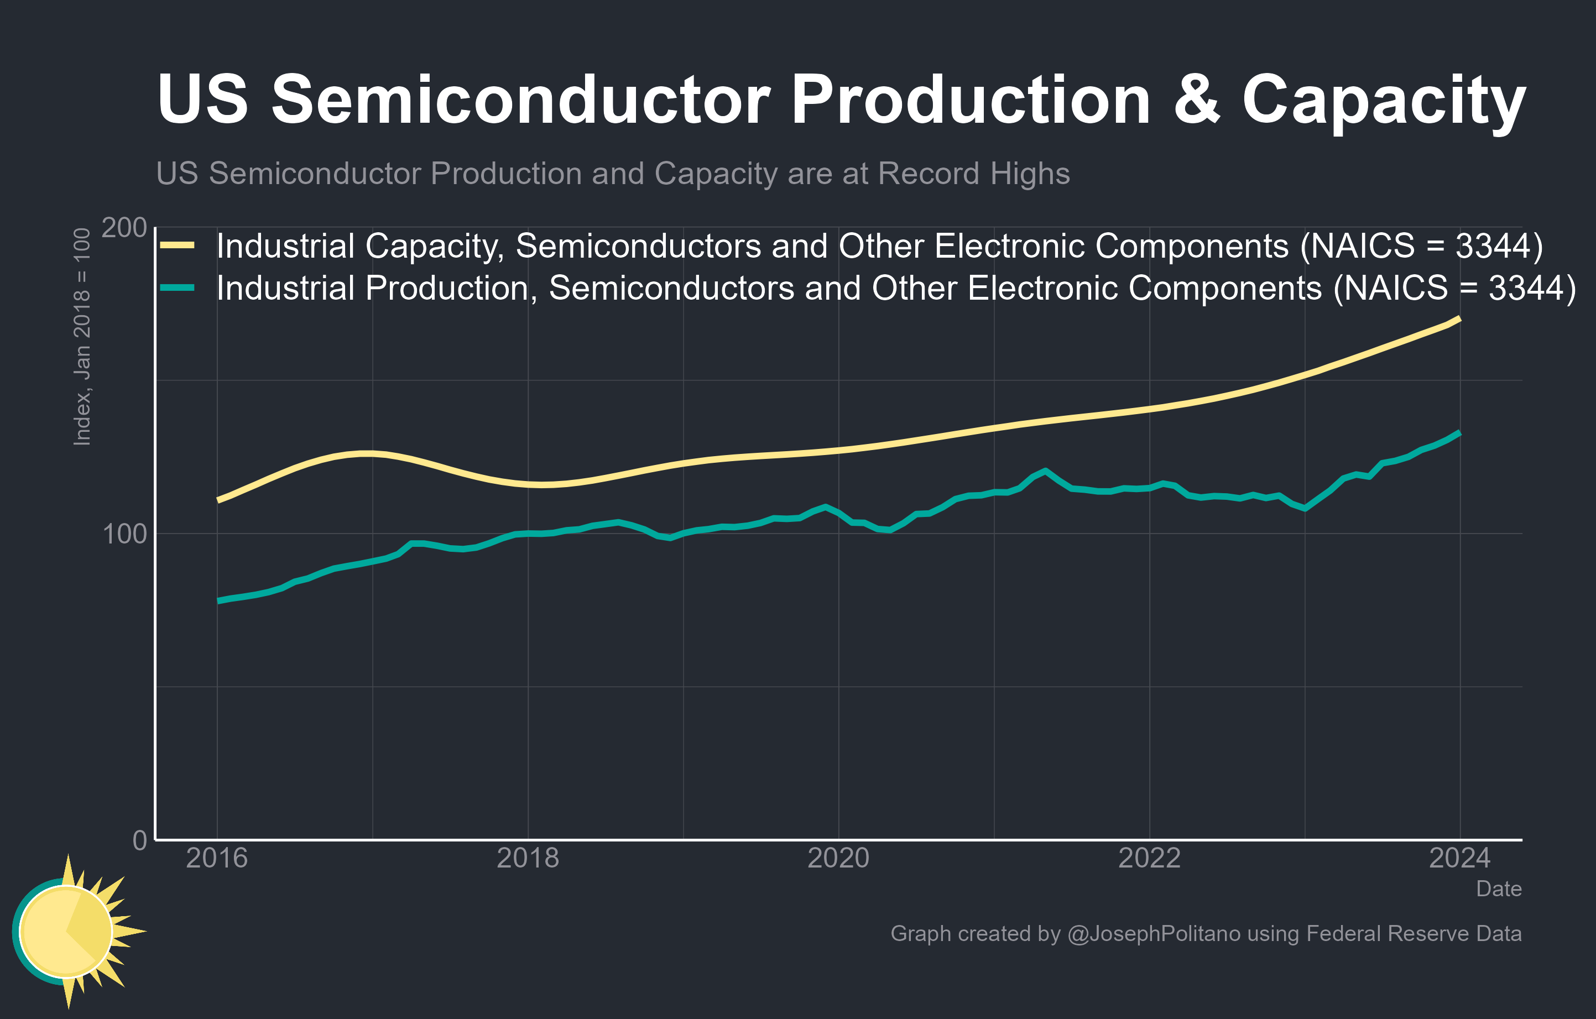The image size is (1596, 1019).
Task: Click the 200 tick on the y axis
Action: (x=124, y=228)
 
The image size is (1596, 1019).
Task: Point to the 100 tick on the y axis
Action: (x=124, y=534)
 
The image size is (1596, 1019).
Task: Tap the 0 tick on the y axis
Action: (x=140, y=840)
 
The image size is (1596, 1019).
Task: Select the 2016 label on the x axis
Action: (x=217, y=859)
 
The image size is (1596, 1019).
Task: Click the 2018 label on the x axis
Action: (x=528, y=859)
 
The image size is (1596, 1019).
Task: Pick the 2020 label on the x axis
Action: (x=838, y=859)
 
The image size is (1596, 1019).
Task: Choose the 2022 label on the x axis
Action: (x=1149, y=859)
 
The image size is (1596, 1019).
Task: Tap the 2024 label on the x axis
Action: (x=1459, y=859)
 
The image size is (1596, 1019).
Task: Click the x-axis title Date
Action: (x=1499, y=889)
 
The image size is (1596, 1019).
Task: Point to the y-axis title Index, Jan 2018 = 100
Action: (x=81, y=337)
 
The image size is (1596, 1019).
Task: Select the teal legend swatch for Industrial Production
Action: (x=178, y=288)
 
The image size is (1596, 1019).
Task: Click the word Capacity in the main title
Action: (x=1384, y=101)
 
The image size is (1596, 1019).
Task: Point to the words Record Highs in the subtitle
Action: (x=974, y=174)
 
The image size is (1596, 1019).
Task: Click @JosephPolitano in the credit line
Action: (x=1153, y=933)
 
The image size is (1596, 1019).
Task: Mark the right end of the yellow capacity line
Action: (x=1459, y=318)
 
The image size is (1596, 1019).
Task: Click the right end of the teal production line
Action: (x=1459, y=432)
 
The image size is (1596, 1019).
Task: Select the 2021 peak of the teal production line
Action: (x=1046, y=471)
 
